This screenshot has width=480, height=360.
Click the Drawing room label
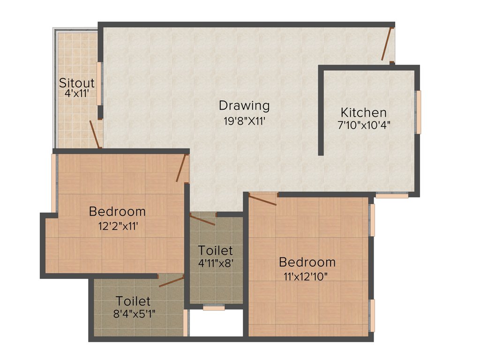[244, 105]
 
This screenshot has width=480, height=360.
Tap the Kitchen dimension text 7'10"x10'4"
[364, 125]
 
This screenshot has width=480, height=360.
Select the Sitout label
[77, 83]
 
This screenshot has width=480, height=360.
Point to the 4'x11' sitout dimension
[77, 93]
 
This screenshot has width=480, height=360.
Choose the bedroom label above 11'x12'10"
[307, 262]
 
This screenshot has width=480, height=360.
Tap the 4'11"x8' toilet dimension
[215, 263]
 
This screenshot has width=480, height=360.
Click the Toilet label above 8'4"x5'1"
[134, 300]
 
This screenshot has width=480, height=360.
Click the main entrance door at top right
[387, 44]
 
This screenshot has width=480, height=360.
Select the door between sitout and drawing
[95, 134]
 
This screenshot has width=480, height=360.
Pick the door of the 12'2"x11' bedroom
[182, 168]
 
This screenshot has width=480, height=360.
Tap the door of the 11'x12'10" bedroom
[263, 200]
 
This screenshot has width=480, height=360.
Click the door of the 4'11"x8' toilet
[202, 219]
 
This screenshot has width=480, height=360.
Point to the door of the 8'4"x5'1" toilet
[172, 281]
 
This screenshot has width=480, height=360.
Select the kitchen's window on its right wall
[419, 112]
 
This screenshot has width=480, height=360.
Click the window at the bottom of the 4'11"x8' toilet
[214, 308]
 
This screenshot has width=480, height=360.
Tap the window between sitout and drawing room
[99, 84]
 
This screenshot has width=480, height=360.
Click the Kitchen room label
[364, 112]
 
